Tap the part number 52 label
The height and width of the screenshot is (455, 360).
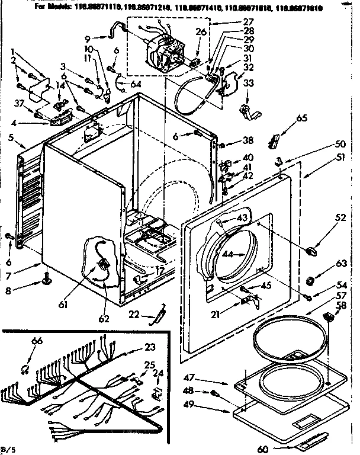coord(324,217)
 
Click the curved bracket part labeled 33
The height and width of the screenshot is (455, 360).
coord(246,111)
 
